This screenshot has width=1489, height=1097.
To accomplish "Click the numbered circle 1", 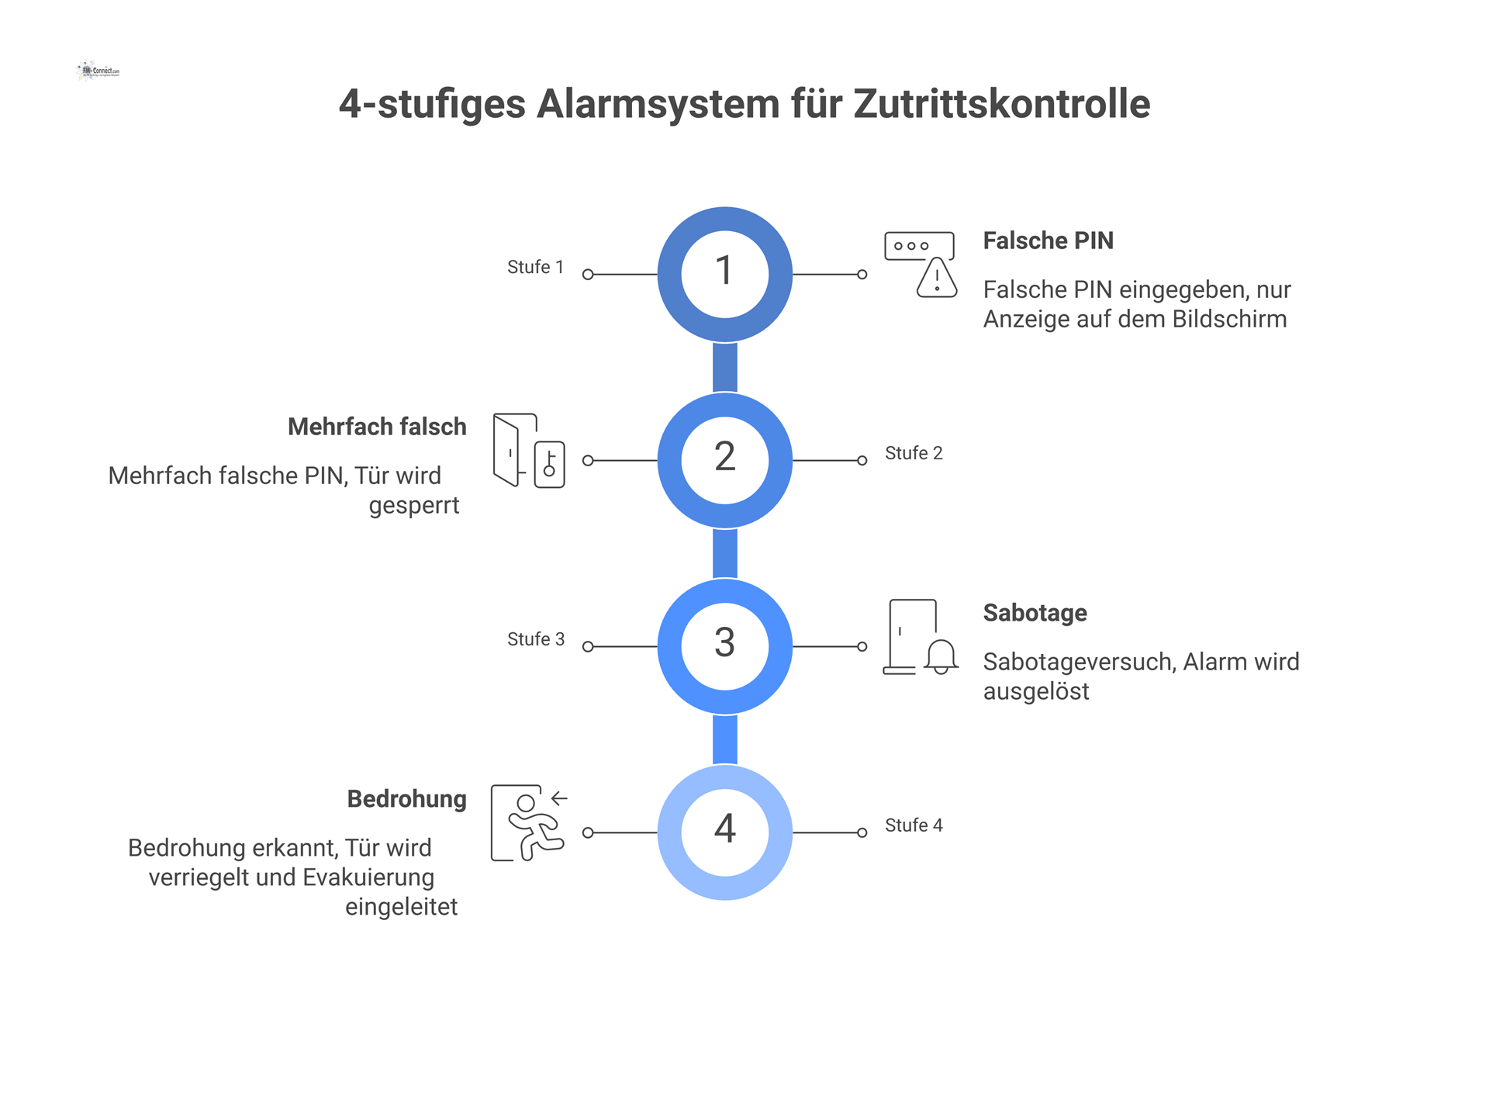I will pos(724,274).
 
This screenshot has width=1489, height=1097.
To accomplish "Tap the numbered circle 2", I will pos(724,460).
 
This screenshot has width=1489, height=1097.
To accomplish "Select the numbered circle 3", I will pos(724,646).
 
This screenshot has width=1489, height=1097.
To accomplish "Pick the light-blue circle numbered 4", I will pos(724,832).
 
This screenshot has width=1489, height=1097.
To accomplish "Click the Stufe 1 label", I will pos(535,267).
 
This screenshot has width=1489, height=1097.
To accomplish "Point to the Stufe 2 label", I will pos(914,453).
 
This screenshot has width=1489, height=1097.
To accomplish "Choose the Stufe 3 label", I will pos(535,639).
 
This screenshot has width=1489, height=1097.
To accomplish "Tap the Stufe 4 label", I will pos(914,825).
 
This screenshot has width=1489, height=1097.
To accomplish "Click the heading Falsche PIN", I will pos(1048,241).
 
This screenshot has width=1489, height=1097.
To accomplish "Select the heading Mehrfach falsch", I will pos(377,427).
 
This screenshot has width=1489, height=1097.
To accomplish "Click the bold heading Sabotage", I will pos(1035,614).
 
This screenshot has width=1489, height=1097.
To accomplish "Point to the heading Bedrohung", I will pos(406,800).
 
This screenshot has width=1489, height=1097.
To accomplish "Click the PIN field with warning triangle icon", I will pos(921,265).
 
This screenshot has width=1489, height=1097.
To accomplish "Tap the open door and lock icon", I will pos(529,451).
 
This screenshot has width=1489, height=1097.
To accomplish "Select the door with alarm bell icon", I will pos(921,637).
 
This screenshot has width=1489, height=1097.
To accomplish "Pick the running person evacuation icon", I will pos(529,823).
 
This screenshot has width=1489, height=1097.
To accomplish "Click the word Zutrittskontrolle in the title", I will pos(1001,104).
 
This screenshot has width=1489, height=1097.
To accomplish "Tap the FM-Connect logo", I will pos(99,71).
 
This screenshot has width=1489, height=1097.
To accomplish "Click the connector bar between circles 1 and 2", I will pos(724,367).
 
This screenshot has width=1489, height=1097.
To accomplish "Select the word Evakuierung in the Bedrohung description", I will pos(368,877).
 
